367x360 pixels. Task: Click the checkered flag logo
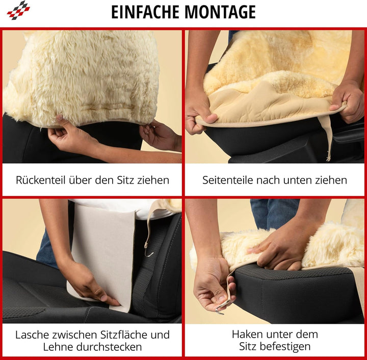18,10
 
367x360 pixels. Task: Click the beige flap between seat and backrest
102,250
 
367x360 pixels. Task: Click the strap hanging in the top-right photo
327,138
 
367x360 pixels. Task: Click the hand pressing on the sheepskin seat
278,250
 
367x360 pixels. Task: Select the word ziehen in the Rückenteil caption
153,180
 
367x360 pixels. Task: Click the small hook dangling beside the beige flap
147,250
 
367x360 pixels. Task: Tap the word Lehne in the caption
57,348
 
